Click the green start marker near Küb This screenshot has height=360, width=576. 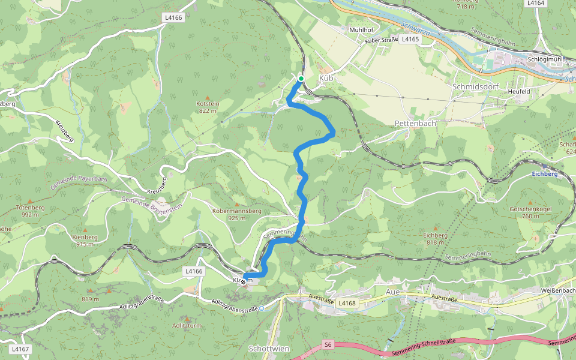pos(301,79)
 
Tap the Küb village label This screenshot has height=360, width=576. pos(326,79)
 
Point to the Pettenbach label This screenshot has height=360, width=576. pos(415,122)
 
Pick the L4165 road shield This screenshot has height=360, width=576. pos(410,39)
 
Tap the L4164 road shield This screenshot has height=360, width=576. pos(535,3)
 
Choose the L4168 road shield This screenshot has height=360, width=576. pos(347,303)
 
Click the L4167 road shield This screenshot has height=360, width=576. pos(19,349)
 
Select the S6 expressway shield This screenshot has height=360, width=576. pos(328,344)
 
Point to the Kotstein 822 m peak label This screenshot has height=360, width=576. pos(208,107)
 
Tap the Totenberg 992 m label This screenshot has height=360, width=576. pos(31,211)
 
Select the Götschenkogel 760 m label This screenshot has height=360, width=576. pos(530,212)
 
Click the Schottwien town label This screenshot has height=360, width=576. pos(266,348)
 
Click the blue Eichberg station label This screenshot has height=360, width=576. pos(545,173)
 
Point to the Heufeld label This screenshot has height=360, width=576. pos(520,91)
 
